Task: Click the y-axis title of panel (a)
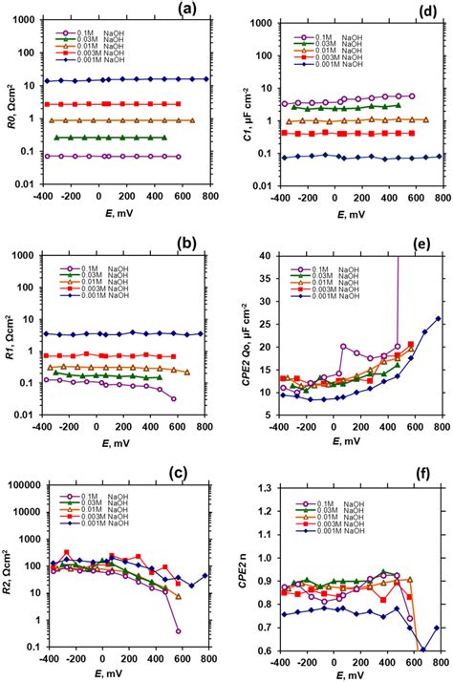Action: (11, 94)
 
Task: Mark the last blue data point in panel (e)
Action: (438, 318)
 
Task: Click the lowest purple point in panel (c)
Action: (179, 631)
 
